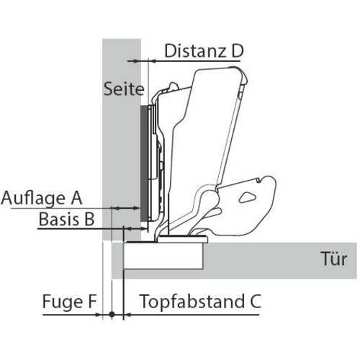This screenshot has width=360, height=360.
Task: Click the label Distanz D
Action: [204, 51]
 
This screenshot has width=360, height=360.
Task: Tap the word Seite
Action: [124, 89]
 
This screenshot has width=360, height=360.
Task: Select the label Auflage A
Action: [42, 198]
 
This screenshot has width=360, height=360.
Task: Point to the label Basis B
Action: [66, 219]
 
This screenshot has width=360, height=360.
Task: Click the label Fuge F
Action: [70, 302]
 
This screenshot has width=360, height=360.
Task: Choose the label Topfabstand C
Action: [200, 302]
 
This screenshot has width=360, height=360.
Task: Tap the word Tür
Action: [334, 259]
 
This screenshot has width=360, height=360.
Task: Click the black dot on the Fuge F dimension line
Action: [112, 314]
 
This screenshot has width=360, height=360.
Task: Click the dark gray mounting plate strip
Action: [143, 163]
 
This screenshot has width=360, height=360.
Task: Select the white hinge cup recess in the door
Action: [163, 256]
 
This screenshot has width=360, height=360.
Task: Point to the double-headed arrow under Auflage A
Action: [126, 208]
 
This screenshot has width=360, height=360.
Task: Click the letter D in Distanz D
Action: [238, 51]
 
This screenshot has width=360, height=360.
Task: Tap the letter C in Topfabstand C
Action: [255, 302]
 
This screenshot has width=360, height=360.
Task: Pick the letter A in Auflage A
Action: [76, 198]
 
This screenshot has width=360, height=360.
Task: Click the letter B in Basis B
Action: [89, 219]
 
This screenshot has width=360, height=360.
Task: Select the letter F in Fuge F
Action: [92, 302]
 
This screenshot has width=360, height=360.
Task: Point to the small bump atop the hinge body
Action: [174, 86]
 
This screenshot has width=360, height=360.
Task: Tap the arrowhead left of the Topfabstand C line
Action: [127, 314]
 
